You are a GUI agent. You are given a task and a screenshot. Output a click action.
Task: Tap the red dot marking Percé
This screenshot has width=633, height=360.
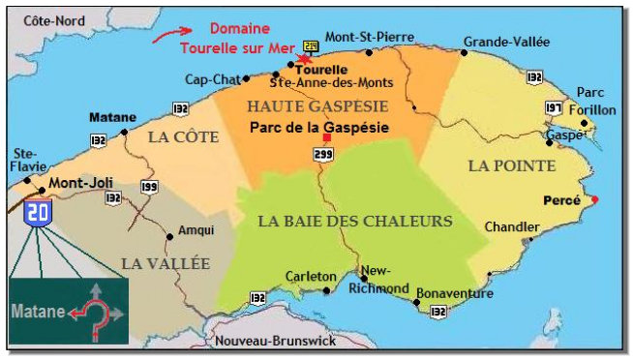pyautogui.click(x=595, y=200)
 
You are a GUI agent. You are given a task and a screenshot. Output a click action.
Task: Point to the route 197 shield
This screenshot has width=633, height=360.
pyautogui.click(x=553, y=105)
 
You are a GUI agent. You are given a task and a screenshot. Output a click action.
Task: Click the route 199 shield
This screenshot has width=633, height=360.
pyautogui.click(x=148, y=187)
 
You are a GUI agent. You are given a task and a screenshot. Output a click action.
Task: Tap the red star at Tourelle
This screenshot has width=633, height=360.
pyautogui.click(x=305, y=59)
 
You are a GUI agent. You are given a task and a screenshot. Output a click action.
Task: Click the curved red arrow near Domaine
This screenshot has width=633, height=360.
pyautogui.click(x=166, y=37)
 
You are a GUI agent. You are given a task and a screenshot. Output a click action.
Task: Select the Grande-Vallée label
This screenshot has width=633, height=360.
pyautogui.click(x=506, y=42)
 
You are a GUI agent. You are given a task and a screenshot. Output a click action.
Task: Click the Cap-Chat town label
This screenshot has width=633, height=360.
pyautogui.click(x=209, y=79)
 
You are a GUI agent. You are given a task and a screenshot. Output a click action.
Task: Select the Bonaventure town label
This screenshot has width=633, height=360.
pyautogui.click(x=454, y=292)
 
